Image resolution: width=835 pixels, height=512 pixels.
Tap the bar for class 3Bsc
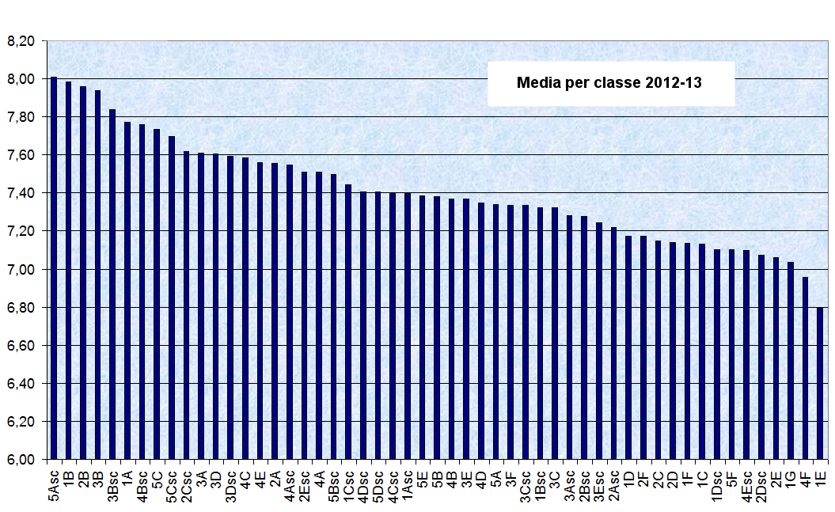pos(112,284)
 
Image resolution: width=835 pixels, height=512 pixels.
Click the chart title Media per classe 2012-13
pos(609,82)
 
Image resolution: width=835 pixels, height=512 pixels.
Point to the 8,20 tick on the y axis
pos(21,40)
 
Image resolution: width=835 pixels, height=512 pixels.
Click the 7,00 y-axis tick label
pos(21,269)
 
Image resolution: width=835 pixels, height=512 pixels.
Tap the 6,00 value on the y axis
pos(21,460)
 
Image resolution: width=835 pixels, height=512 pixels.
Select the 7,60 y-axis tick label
pos(21,155)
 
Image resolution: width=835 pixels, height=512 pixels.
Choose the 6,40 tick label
pos(21,384)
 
